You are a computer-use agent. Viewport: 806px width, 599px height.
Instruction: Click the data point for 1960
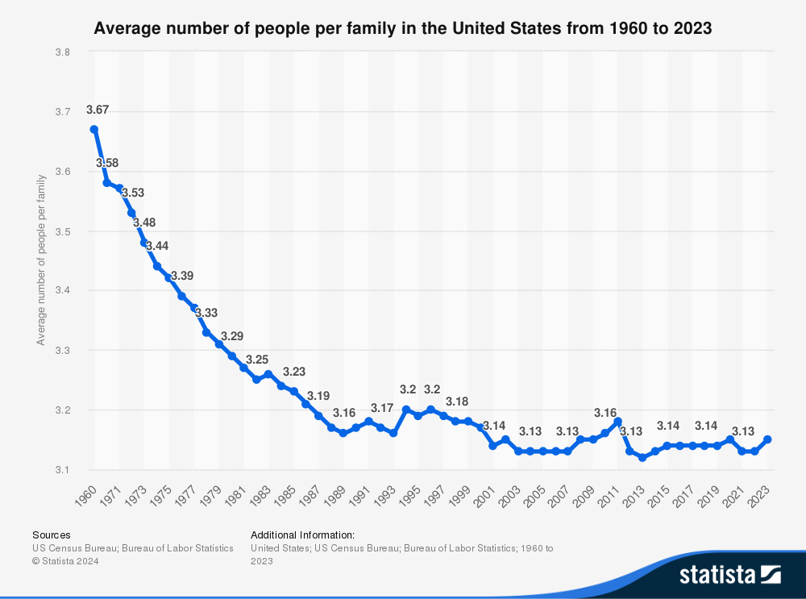point(94,129)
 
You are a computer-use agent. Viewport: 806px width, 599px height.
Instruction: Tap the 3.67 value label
point(97,110)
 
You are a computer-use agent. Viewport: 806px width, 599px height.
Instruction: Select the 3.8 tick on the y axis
point(62,52)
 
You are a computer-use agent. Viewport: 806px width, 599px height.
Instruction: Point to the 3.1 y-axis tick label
point(62,470)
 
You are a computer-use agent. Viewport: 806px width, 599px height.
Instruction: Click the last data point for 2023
point(768,439)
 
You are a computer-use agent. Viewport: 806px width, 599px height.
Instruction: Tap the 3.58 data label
point(107,163)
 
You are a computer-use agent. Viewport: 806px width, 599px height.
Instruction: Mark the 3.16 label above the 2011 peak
point(605,412)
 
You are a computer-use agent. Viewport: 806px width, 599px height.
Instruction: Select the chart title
point(403,29)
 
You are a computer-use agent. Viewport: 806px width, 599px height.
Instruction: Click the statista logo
point(730,574)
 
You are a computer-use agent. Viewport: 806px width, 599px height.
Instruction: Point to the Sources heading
point(52,535)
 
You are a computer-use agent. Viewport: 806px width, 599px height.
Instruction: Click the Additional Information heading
point(303,535)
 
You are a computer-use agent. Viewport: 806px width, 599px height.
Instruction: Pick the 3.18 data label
point(457,401)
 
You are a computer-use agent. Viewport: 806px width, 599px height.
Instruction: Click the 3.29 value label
point(232,335)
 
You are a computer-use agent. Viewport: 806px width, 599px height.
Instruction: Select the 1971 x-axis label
point(112,493)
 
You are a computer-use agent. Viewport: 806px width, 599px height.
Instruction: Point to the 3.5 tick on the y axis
point(62,231)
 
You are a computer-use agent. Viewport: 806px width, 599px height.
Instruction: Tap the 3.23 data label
point(294,372)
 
